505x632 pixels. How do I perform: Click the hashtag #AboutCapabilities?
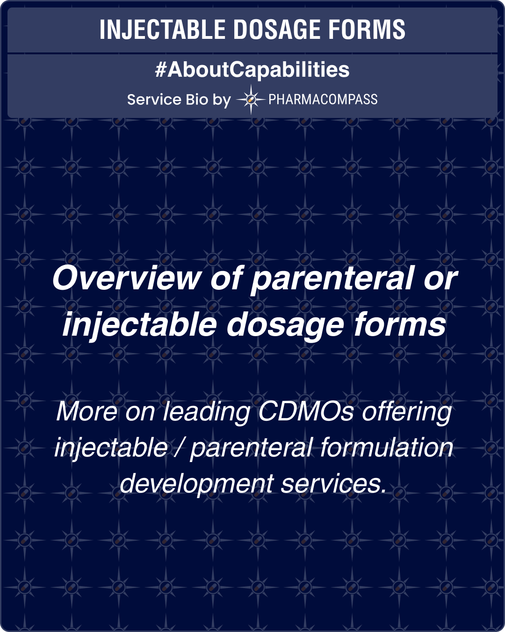tap(252, 70)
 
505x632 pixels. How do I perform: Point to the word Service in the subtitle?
tap(154, 100)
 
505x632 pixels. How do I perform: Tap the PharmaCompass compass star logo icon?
tap(251, 99)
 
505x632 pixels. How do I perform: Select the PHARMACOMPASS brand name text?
tap(323, 100)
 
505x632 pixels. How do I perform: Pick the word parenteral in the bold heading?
tap(332, 279)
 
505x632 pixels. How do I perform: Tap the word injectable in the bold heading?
tap(139, 324)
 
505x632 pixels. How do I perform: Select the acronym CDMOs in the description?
tap(305, 412)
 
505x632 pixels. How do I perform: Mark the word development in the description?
tap(196, 484)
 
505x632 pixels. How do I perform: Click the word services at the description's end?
tap(334, 483)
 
